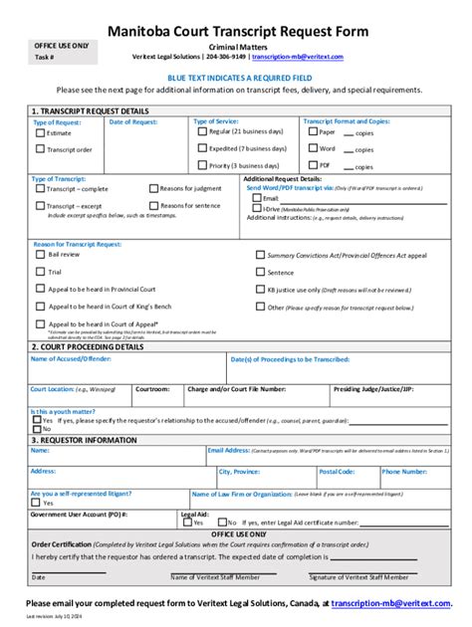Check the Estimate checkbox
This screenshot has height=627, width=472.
pos(40,132)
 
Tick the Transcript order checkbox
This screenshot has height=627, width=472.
pos(40,150)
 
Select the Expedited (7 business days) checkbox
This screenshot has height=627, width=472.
pos(202,148)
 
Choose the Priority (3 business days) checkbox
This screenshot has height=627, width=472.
pos(202,166)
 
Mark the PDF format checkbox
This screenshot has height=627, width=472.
pos(312,165)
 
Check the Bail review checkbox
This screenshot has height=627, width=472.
pos(40,254)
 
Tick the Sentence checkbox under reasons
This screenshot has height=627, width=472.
pos(260,272)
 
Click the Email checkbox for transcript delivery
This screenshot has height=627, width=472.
pos(257,199)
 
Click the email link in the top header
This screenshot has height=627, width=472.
pos(309,57)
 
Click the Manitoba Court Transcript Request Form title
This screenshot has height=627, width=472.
pos(237,32)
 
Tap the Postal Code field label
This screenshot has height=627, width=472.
pos(335,471)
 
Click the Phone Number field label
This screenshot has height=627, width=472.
pos(404,471)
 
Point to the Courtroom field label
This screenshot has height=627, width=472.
pos(152,389)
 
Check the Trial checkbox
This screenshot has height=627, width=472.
pos(40,271)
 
